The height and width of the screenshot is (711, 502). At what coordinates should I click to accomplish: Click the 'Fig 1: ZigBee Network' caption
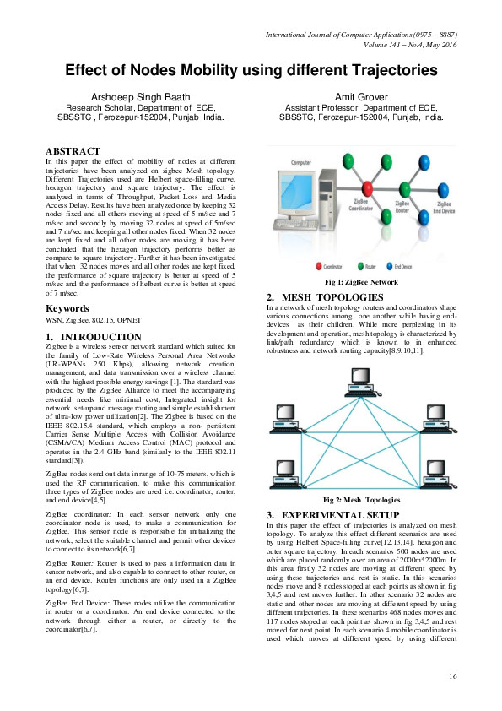click(362, 282)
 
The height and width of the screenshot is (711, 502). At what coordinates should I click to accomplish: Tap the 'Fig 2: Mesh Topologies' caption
click(362, 499)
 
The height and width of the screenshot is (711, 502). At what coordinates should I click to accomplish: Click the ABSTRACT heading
click(73, 152)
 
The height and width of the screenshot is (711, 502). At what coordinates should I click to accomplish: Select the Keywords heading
click(67, 309)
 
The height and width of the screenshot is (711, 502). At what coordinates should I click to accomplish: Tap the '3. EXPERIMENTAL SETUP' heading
click(332, 514)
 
